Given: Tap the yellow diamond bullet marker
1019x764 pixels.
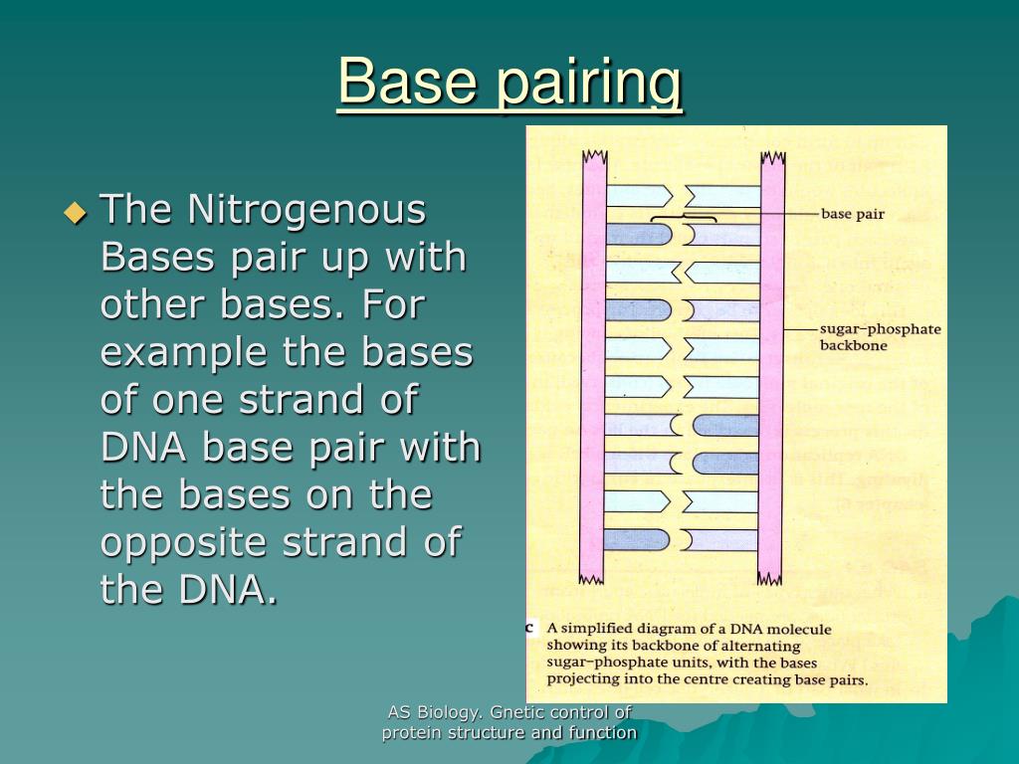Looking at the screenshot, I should click(x=76, y=212).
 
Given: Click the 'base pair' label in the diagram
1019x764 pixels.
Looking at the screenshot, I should click(x=852, y=214).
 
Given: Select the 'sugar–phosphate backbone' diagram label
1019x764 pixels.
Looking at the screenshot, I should click(x=880, y=337).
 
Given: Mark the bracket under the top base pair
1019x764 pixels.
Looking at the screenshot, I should click(x=684, y=218).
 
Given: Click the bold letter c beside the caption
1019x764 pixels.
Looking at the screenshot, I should click(x=531, y=628).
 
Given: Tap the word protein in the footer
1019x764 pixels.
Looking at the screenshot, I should click(x=408, y=733).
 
